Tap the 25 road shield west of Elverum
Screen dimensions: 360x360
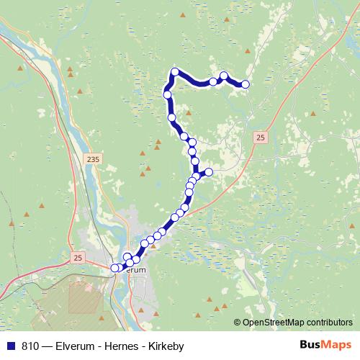pos(78,256)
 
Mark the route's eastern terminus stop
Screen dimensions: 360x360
pos(246,84)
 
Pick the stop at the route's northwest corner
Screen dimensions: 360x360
pos(175,71)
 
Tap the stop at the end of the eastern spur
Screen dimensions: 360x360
pos(209,171)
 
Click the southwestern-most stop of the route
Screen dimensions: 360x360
pos(114,269)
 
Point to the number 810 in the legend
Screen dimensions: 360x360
pos(30,346)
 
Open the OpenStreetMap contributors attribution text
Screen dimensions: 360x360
pos(300,323)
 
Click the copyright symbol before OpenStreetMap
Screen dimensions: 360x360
pos(238,323)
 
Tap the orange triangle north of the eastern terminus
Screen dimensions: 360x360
pos(248,51)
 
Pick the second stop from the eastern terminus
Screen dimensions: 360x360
pos(224,76)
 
